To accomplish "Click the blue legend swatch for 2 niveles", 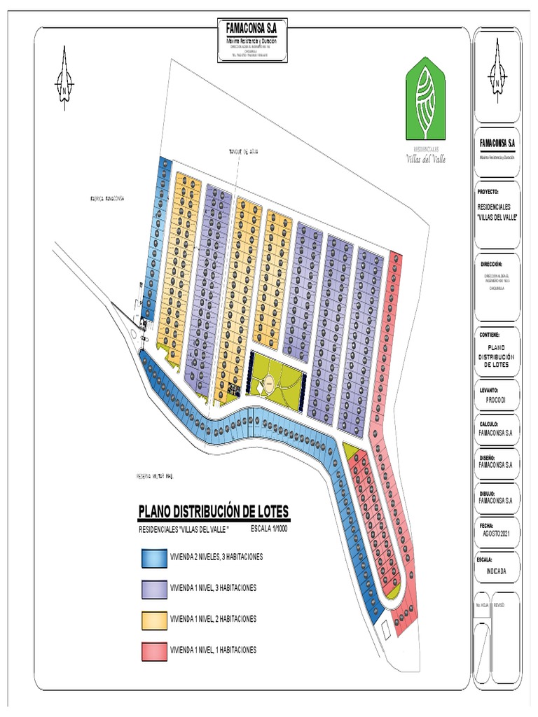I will click(x=153, y=557).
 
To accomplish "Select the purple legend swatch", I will click(x=153, y=588).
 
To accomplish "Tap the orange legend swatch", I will click(x=153, y=619).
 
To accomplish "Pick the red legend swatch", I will click(x=153, y=650).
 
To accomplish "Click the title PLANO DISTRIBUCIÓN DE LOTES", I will click(x=213, y=512).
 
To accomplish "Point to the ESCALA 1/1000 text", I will click(x=269, y=529).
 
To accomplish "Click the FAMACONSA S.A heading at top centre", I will click(x=251, y=29).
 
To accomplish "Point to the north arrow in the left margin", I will click(x=64, y=78).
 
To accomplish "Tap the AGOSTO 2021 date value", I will click(x=496, y=534).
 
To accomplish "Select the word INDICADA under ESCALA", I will click(x=496, y=571).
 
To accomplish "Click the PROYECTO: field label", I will click(x=488, y=190).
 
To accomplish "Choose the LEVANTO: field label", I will click(x=488, y=388).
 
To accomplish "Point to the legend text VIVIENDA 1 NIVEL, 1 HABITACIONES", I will click(x=213, y=650).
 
